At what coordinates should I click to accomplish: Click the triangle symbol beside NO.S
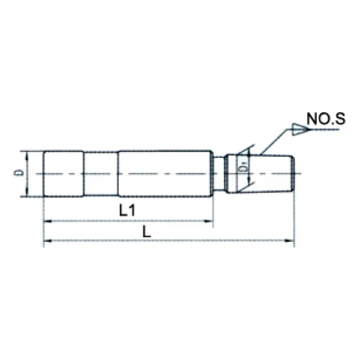pos(298,127)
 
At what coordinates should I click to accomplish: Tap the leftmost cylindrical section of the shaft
pos(63,173)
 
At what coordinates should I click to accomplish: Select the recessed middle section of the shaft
pos(100,173)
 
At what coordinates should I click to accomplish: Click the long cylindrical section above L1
pos(165,173)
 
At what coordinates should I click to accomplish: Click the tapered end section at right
pos(270,173)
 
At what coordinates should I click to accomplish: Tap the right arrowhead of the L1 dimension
pos(210,222)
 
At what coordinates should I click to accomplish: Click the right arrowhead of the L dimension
pos(291,242)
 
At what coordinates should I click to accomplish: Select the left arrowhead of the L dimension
pos(47,242)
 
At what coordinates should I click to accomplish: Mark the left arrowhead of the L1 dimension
pos(47,222)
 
